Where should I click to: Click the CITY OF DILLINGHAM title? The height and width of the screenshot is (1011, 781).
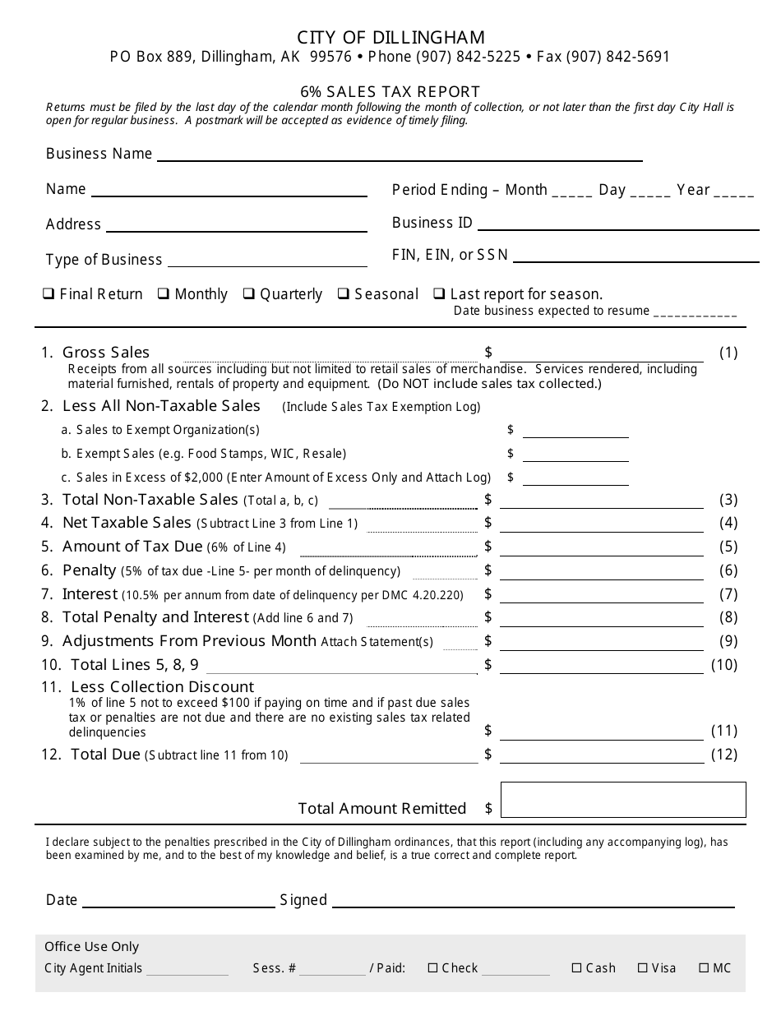[x=390, y=38]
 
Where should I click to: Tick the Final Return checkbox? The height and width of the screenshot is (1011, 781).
[x=49, y=293]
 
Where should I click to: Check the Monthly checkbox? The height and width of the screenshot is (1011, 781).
[x=164, y=293]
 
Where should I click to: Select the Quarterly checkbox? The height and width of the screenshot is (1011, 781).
[x=248, y=293]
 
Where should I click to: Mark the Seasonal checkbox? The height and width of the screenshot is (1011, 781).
[x=344, y=293]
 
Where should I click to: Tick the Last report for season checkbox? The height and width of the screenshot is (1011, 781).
[x=440, y=293]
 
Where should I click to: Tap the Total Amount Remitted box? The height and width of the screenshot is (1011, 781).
[x=622, y=800]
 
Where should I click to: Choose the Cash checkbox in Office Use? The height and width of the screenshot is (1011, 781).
[x=576, y=968]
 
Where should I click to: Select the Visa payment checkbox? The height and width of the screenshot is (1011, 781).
[x=643, y=968]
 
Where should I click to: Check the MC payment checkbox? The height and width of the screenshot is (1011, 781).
[x=704, y=968]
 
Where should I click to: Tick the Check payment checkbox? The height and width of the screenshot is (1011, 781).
[x=432, y=968]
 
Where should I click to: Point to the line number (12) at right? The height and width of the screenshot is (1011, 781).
[x=723, y=755]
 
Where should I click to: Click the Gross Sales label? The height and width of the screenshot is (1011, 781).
[x=106, y=353]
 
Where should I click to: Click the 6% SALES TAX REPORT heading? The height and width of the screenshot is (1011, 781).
[x=390, y=92]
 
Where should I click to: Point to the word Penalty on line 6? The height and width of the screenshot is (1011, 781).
[x=89, y=570]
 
